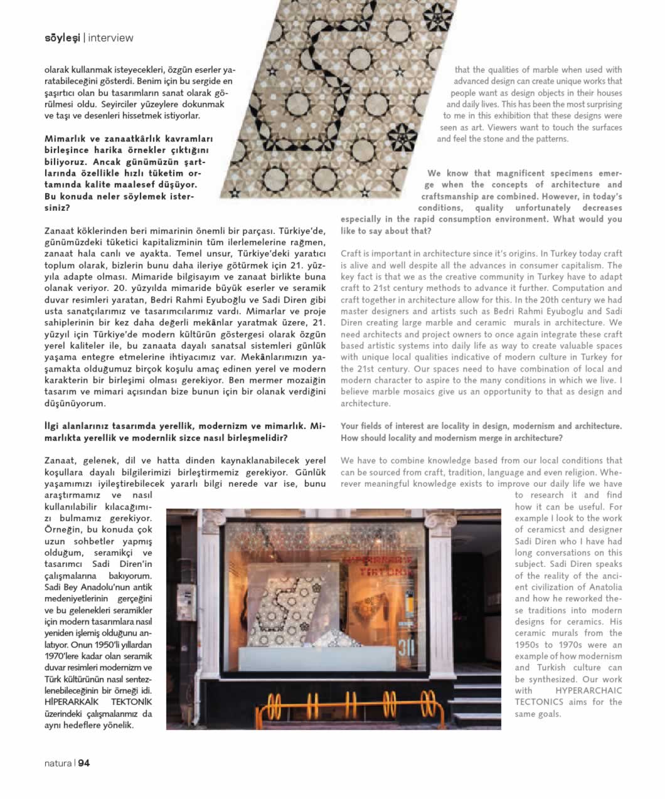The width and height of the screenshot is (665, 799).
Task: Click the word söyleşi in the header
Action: (x=62, y=38)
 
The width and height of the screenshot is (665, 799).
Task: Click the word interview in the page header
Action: (x=111, y=38)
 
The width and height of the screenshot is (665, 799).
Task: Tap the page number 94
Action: (x=84, y=763)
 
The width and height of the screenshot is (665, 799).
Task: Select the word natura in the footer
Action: (x=58, y=763)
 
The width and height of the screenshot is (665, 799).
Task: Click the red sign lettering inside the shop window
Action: (x=377, y=564)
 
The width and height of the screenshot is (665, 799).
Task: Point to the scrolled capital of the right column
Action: (x=440, y=521)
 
